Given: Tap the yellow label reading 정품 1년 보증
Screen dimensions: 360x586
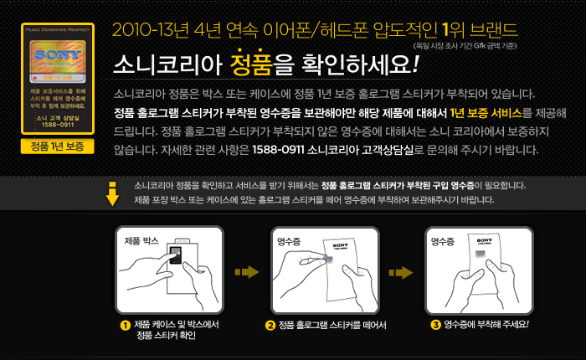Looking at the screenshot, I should coord(57,147).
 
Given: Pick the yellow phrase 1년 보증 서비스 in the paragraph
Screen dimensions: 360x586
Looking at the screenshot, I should coord(485,111).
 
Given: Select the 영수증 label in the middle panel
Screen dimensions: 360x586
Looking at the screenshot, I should coord(290,240).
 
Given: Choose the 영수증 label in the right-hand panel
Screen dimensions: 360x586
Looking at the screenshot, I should coord(443,240).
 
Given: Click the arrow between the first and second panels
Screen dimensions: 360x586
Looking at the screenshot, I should coord(245,271).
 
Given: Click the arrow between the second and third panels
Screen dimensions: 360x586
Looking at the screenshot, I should coord(400,271).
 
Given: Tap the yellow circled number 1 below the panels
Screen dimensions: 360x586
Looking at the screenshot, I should coord(124,325).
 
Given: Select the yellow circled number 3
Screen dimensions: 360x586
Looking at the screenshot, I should coord(435,325).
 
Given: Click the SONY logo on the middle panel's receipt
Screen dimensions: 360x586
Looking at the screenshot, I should coord(339,245).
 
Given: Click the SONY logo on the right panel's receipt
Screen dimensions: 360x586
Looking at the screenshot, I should coord(486,240).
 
